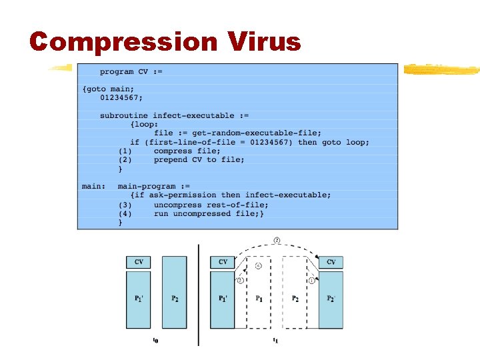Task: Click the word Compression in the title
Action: tap(123, 41)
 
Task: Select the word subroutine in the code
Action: tap(124, 115)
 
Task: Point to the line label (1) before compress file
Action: tap(125, 151)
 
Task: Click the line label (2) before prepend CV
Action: tap(125, 159)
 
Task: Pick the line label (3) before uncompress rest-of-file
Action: tap(125, 204)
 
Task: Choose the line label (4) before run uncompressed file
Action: tap(125, 213)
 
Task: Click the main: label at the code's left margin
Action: tap(93, 186)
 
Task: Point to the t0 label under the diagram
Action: tap(155, 341)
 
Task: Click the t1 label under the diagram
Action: tap(275, 341)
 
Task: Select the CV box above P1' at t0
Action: tap(139, 262)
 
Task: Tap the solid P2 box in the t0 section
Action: tap(175, 298)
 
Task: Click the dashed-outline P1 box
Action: tap(259, 298)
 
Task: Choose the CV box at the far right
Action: tap(331, 262)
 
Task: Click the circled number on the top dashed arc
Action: tap(277, 240)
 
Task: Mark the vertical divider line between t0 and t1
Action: tap(199, 293)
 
